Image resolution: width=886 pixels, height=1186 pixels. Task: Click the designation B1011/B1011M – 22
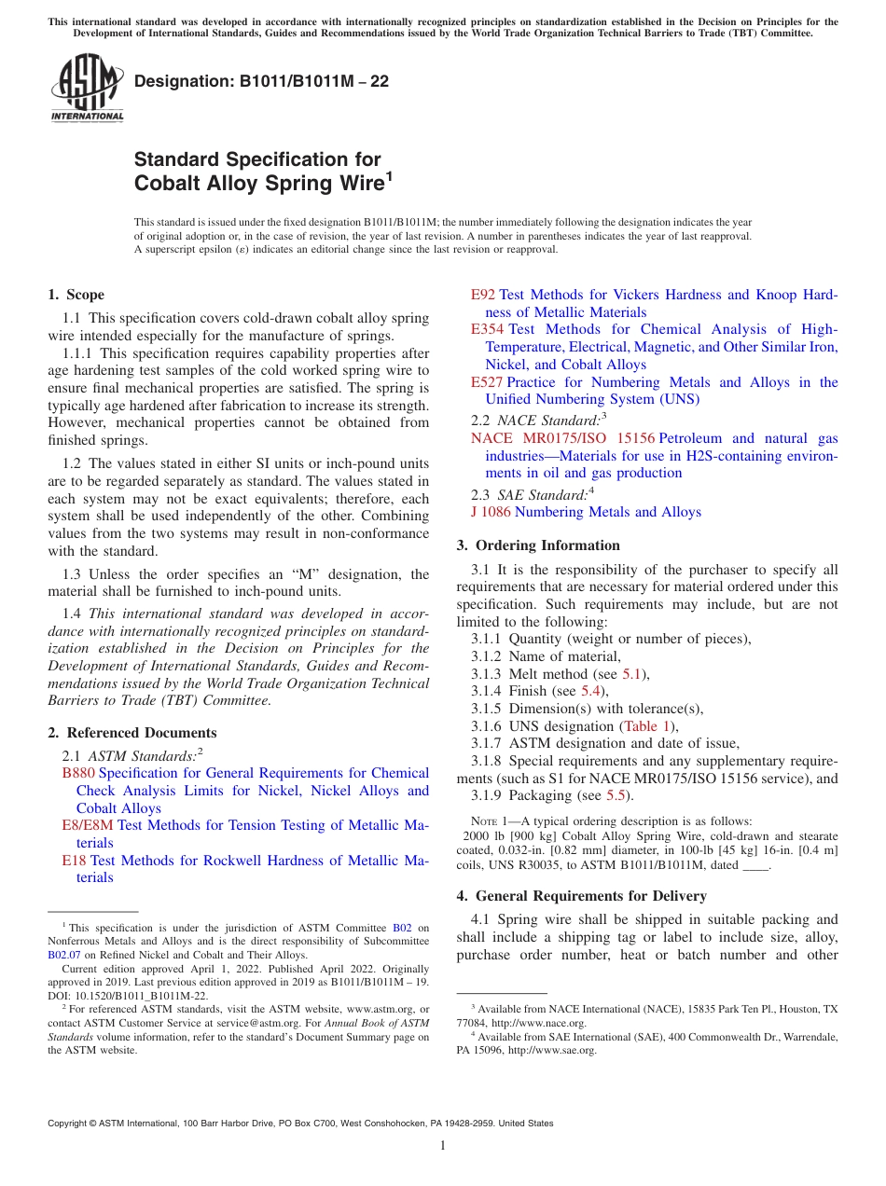point(261,82)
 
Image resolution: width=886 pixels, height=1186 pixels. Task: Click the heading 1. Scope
point(76,295)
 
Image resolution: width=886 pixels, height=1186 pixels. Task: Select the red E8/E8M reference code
point(88,825)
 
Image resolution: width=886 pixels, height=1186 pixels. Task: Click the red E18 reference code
point(74,861)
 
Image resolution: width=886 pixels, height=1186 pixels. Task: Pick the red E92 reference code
point(482,295)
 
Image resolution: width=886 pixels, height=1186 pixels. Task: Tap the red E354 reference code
point(487,329)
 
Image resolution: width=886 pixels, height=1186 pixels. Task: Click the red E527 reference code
point(487,382)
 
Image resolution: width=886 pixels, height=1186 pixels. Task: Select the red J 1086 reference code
point(491,512)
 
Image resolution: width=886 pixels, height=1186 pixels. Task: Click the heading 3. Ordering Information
point(537,545)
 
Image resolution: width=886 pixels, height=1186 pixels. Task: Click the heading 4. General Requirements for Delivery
point(581,896)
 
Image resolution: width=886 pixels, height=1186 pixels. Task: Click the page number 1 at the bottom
point(443,1146)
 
